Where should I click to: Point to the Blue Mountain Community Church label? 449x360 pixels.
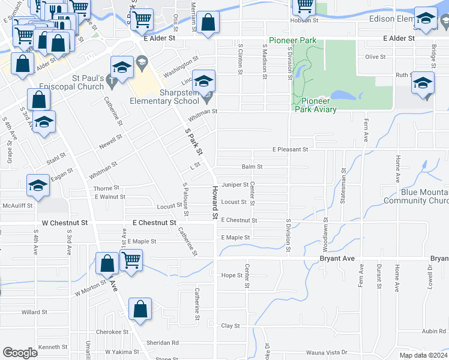click(424, 196)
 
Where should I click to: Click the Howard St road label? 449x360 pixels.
click(213, 202)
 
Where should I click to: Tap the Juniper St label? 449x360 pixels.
click(235, 184)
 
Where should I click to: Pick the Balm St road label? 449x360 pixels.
click(252, 166)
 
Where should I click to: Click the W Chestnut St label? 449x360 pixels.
click(64, 223)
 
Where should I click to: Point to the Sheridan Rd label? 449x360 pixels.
click(163, 343)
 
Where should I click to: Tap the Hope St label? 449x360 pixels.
click(231, 275)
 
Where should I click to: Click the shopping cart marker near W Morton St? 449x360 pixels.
click(131, 260)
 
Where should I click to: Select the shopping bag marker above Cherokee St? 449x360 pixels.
click(140, 310)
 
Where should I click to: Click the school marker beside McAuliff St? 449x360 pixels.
click(38, 186)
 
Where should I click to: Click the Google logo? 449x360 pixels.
click(20, 353)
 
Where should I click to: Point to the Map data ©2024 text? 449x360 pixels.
click(423, 355)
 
